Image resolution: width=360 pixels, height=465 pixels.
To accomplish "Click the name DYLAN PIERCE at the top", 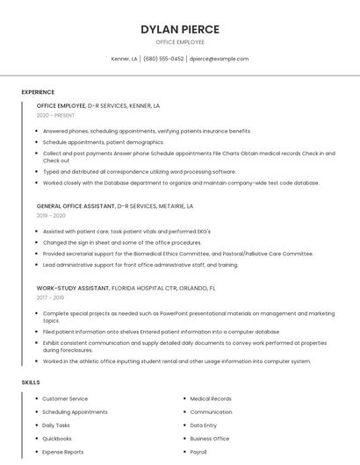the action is [x=180, y=29].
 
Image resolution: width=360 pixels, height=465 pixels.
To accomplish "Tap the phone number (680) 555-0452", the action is [x=163, y=59].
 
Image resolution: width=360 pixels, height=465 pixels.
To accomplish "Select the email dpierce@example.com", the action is [x=220, y=59].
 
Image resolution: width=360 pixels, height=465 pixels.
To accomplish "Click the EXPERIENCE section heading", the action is [x=38, y=92].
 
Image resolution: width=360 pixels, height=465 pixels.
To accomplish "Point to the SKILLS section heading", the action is [x=31, y=383].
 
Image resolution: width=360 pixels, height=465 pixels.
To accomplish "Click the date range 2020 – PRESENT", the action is [x=55, y=115].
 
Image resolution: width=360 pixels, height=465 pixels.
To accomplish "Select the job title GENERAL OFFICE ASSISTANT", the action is [x=76, y=206].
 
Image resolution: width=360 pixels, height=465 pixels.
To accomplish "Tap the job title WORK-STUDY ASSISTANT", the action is [x=73, y=288].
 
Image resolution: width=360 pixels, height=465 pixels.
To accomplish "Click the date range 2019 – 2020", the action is [x=51, y=215].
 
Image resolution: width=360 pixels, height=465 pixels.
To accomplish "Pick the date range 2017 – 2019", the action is [x=51, y=297].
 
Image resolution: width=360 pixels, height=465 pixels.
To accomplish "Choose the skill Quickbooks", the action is [x=57, y=438].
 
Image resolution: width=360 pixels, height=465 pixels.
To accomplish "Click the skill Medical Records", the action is [x=211, y=398].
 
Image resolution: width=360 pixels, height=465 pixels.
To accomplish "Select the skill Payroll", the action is [x=198, y=452].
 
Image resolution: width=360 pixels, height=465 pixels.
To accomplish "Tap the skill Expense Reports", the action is [x=63, y=452].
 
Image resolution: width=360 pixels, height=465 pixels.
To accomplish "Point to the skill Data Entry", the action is [x=203, y=425].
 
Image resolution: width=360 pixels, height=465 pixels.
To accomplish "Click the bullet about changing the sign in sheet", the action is [x=122, y=242].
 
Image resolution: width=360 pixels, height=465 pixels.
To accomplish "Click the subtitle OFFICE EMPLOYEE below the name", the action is [x=180, y=42].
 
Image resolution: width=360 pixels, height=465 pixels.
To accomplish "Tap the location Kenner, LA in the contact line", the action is [x=124, y=59].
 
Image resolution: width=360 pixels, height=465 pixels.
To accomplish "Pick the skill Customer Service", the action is [x=65, y=398].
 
